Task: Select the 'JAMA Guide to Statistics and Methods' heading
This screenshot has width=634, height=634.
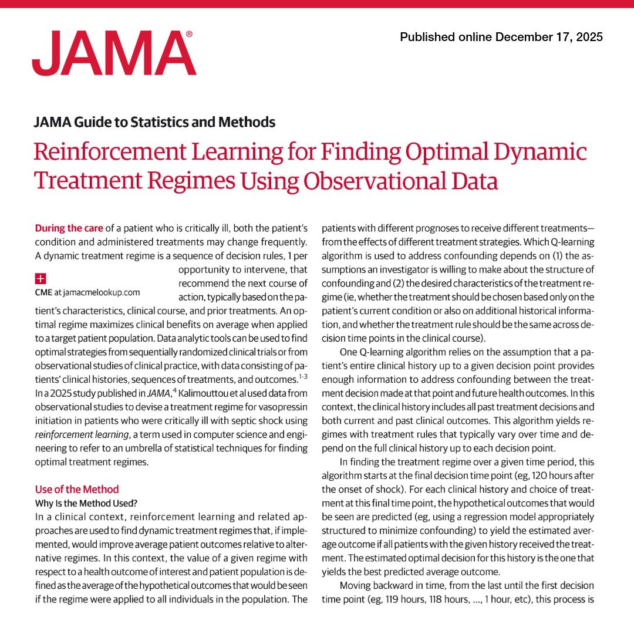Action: pos(155,122)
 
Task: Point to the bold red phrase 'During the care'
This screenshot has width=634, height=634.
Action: pos(69,227)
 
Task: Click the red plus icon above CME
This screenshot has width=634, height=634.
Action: pos(41,278)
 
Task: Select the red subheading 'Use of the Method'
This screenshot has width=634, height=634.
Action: pos(77,489)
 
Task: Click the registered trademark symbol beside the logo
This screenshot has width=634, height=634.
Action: pos(189,35)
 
